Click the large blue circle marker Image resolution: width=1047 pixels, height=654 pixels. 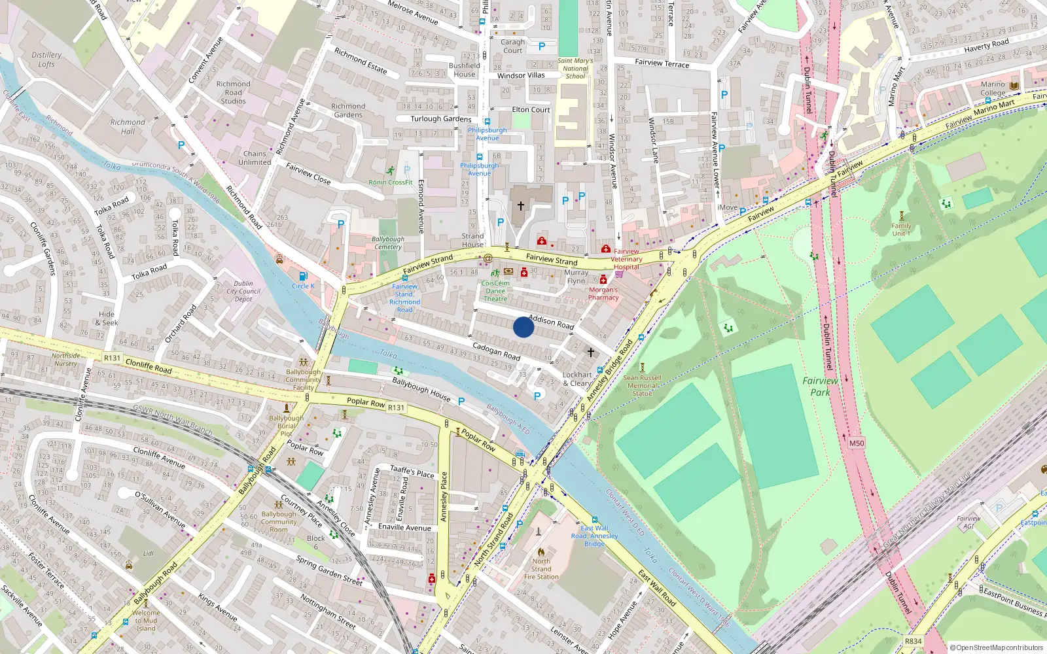[523, 327]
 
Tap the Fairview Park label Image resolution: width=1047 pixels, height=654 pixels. [820, 386]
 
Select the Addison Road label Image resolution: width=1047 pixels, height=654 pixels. [551, 321]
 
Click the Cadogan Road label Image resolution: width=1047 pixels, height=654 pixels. [496, 351]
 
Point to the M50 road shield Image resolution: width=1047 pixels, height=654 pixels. [857, 443]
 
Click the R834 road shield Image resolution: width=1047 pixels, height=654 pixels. [913, 641]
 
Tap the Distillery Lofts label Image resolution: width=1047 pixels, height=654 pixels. [46, 60]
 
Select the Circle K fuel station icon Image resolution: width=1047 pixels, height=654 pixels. [303, 277]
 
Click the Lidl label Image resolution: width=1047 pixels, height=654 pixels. [149, 553]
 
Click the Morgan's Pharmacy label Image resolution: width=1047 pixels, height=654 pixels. [603, 294]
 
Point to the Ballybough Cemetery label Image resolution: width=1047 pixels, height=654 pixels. [388, 243]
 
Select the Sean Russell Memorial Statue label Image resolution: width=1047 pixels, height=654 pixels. [642, 385]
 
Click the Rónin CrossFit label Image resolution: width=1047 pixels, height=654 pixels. [391, 182]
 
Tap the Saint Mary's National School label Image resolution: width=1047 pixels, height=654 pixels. [575, 68]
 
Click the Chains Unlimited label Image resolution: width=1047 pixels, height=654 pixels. [255, 158]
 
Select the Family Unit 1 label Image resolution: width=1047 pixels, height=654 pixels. [901, 230]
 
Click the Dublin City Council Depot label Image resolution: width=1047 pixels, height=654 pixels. [243, 291]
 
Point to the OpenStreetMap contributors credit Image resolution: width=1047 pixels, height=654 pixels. [997, 647]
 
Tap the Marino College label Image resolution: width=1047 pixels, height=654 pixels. [993, 88]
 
